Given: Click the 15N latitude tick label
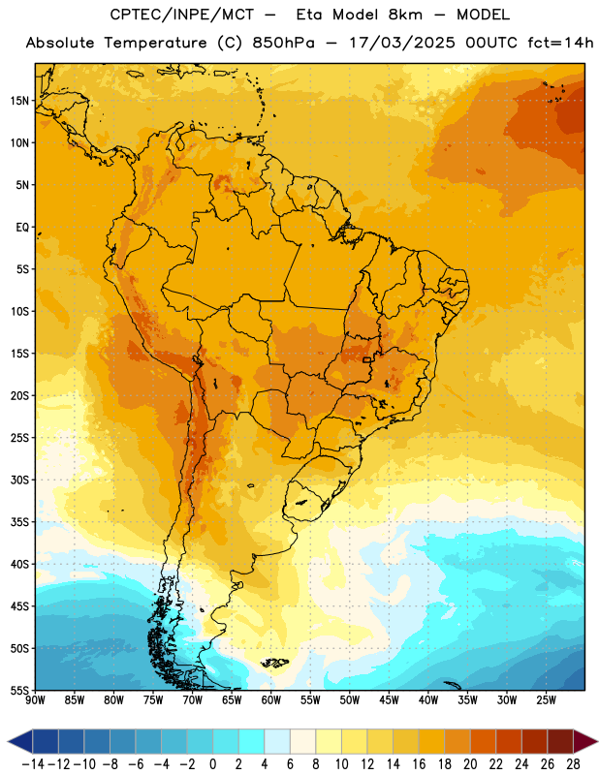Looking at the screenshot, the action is click(x=19, y=101).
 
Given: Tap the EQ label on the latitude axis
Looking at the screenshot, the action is click(x=22, y=228).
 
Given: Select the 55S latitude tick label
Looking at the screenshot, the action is click(x=19, y=690).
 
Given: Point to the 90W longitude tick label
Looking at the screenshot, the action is click(x=35, y=700).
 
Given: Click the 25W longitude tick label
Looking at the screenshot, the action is click(x=546, y=700).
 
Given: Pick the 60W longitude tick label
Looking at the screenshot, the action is click(x=271, y=700).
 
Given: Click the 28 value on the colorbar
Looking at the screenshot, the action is click(x=573, y=764).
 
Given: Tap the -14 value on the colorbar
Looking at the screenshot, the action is click(x=33, y=764).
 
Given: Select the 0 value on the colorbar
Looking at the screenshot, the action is click(x=212, y=764).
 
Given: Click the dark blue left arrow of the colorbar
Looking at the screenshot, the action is click(x=20, y=741).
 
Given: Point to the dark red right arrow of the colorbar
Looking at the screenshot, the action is click(x=584, y=741).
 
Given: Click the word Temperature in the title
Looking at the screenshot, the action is click(x=155, y=44).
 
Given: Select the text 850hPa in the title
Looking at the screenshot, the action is click(x=283, y=43).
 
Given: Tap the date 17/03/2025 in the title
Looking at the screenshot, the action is click(x=401, y=43).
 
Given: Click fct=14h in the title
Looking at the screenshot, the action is click(x=560, y=43).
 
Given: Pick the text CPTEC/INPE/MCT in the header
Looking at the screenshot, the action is click(x=181, y=15).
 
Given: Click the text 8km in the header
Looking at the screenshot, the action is click(x=405, y=15).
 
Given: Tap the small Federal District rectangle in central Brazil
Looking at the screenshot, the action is click(x=366, y=359).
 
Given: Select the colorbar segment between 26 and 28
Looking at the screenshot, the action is click(x=560, y=741).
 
